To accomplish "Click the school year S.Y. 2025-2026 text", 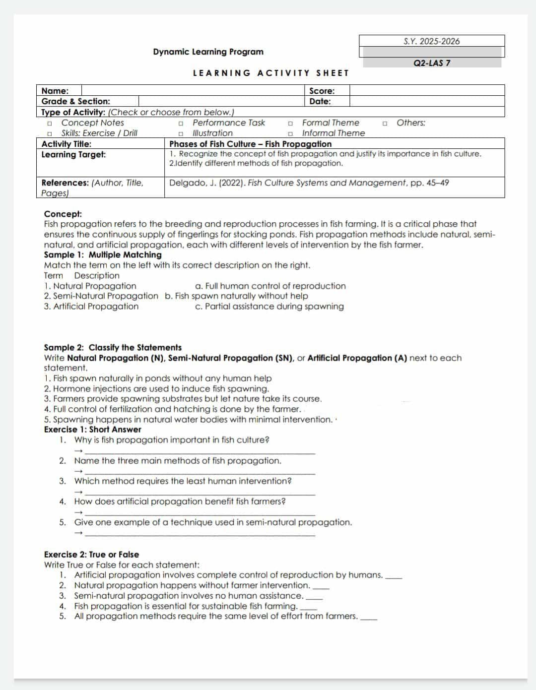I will [431, 41].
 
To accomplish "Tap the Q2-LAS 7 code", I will [431, 63].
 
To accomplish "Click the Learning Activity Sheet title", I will [271, 73].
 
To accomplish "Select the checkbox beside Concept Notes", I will [49, 123].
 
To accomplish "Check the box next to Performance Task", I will [181, 123].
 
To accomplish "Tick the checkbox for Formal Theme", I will [290, 123].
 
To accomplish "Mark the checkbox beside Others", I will [385, 123].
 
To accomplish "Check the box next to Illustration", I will [181, 133].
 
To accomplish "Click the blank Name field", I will [192, 90].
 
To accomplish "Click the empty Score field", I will [426, 90].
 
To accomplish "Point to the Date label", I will [320, 101].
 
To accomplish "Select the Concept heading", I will [63, 214].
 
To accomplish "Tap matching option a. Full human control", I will [270, 286].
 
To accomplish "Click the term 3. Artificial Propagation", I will [91, 306].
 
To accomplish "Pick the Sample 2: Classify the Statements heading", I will [113, 347].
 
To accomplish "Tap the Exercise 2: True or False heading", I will [91, 554].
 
